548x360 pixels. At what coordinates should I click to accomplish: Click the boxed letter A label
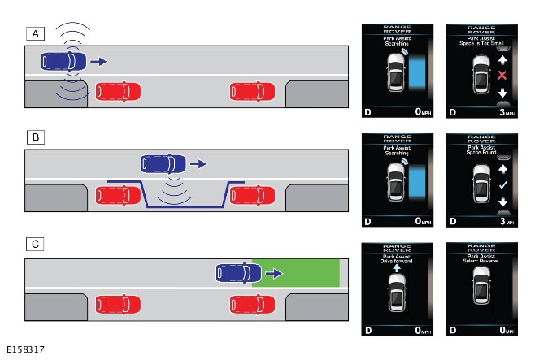click(35, 33)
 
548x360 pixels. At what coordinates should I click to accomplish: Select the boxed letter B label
click(35, 137)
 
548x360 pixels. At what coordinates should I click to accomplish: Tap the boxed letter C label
click(35, 243)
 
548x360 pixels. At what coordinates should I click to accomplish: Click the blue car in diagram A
click(63, 61)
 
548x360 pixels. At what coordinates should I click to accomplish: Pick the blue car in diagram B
click(163, 163)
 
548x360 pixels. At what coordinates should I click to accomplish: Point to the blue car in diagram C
click(238, 273)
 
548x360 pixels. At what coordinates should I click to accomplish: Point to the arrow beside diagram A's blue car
click(98, 61)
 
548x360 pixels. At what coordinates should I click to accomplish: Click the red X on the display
click(502, 76)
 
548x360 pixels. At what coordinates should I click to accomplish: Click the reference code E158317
click(24, 350)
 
